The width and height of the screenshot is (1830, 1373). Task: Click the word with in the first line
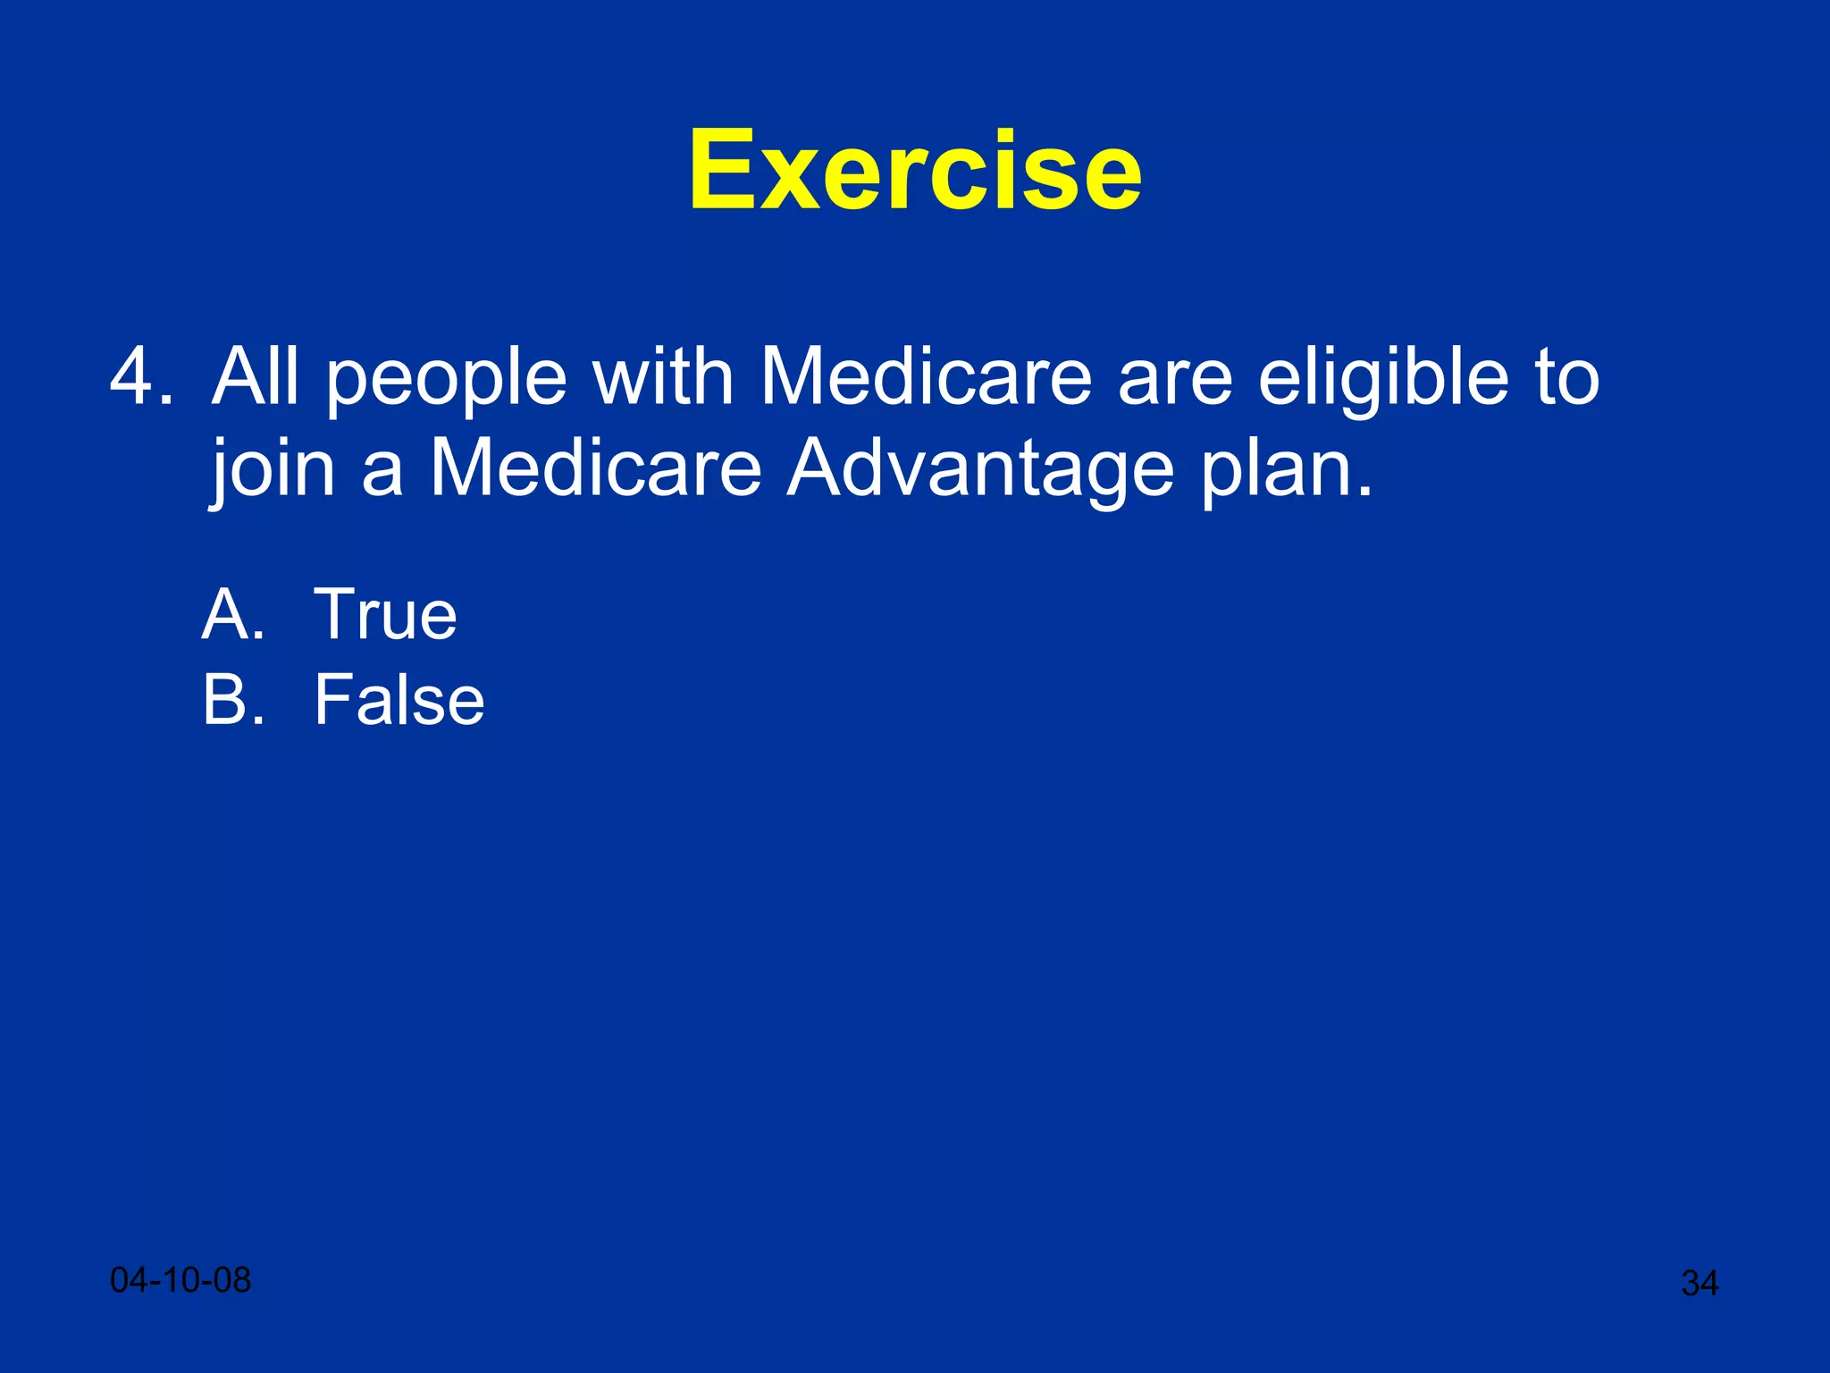tap(663, 377)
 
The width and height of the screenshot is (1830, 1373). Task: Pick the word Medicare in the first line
tap(926, 377)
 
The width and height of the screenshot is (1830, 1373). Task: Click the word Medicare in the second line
tap(596, 469)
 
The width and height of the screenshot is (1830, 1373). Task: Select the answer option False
tap(399, 700)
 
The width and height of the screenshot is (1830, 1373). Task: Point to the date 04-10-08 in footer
tap(180, 1280)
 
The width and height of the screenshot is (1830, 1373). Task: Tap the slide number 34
tap(1699, 1284)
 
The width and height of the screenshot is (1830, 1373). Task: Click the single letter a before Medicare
tap(382, 476)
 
